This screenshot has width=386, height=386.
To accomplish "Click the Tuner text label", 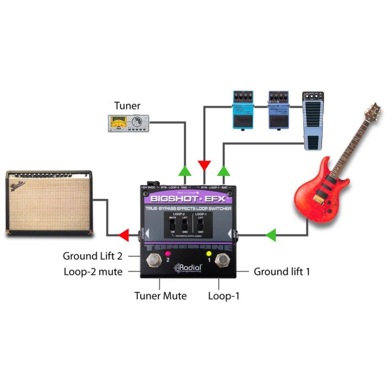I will point(127,105).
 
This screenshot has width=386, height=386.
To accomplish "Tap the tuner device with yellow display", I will point(127,123).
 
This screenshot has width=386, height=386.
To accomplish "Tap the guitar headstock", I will point(376,111).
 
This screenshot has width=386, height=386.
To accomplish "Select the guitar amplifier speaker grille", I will point(49,204).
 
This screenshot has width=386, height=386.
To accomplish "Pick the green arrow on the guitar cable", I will point(271,237).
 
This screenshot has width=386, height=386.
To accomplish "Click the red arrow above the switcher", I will point(205,165).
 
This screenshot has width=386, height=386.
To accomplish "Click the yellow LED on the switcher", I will point(209,254).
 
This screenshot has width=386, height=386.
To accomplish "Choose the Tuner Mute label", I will point(160,296).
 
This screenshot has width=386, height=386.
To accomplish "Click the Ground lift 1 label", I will point(281,271).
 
